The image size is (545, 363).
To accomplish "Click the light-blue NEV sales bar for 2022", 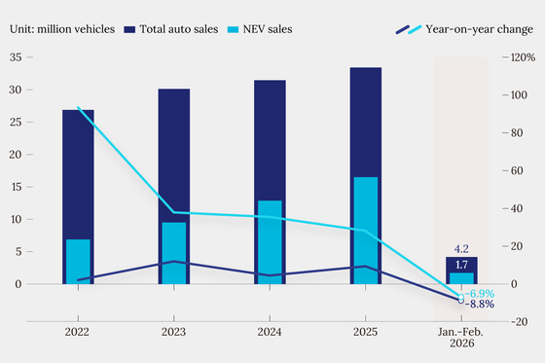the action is pos(78,262).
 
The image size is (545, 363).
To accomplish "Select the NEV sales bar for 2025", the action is pos(366,231).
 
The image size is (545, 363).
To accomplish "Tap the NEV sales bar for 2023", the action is pos(174,253).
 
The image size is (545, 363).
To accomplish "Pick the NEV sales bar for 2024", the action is pos(271,242).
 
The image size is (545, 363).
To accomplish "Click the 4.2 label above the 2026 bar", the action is pos(461,249).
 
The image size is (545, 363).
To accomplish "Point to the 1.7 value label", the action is pos(461,265).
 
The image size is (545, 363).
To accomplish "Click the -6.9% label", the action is pos(480,294).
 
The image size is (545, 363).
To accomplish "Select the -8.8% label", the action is pos(480,305).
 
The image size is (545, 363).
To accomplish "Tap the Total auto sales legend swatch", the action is pos(129,29).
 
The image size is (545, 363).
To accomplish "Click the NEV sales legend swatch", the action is pos(234,29).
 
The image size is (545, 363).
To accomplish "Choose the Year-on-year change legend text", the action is pos(479,29).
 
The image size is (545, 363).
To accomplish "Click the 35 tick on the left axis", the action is pos(16,57).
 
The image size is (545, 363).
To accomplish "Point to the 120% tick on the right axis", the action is pos(523,57).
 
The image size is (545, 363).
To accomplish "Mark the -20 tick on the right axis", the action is pos(520,322).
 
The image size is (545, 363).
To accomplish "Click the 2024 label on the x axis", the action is pos(270,332).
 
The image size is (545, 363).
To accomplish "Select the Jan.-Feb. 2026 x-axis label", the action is pos(461,338).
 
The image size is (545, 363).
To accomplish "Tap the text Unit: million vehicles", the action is pos(62,29).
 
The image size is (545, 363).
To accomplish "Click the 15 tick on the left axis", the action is pos(17,187).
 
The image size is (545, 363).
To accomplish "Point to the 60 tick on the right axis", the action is pos(517,170).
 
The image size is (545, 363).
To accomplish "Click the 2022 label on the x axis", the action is pos(77,332).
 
